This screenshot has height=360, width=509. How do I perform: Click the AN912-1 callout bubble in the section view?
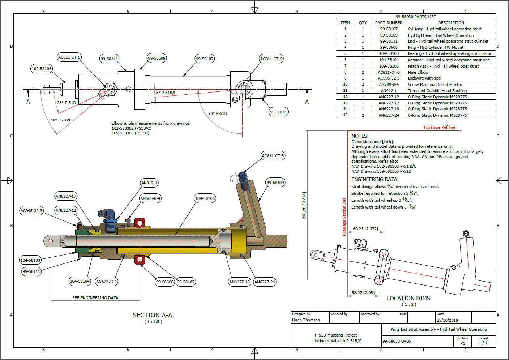pos(149,183)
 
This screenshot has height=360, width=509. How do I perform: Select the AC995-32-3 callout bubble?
pos(31,211)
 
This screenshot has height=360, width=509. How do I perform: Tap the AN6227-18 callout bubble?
pos(240,282)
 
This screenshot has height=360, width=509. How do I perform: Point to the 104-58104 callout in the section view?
pos(80,281)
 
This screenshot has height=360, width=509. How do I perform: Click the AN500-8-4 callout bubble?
pos(150,198)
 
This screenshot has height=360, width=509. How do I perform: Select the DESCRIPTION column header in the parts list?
pos(451,23)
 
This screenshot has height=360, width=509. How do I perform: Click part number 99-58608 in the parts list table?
pos(389,47)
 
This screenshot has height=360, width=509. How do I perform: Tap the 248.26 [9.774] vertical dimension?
pos(304,205)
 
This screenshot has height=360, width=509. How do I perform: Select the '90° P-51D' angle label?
pos(218,113)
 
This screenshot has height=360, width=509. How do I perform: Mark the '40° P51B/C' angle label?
pos(61,120)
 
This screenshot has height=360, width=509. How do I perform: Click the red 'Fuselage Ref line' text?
pos(439,127)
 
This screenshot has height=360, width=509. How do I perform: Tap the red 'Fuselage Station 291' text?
pos(344,217)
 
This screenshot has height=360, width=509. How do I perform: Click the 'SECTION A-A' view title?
pos(152,315)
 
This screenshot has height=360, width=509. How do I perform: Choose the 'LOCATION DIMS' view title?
pos(408,298)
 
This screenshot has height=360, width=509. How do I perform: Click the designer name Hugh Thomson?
pos(306,320)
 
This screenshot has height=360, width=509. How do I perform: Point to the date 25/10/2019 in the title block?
pos(447,320)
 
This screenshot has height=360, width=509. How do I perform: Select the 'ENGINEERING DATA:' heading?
pos(375,179)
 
